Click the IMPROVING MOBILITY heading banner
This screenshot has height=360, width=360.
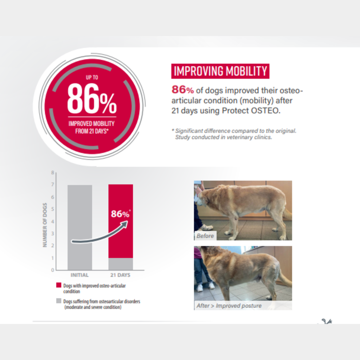(x=220, y=71)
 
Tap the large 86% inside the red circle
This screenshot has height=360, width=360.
(x=92, y=98)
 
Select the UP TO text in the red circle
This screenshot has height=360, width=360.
(x=92, y=77)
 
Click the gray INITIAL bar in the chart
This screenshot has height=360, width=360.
(x=80, y=227)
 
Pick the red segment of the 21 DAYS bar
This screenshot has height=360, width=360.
(x=121, y=221)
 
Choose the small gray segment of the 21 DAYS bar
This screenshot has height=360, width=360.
(x=121, y=264)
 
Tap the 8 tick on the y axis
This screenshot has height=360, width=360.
(x=53, y=172)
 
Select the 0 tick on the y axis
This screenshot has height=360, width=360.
(x=53, y=270)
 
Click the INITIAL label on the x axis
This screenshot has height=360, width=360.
(x=79, y=275)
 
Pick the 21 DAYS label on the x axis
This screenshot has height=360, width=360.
(x=120, y=275)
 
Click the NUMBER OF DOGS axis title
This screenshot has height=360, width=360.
(x=45, y=225)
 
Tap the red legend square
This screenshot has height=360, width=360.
(x=59, y=285)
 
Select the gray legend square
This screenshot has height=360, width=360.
(x=59, y=301)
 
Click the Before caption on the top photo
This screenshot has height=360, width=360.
(x=205, y=236)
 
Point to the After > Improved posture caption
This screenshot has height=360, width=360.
(x=229, y=306)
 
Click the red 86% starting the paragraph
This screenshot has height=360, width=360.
(x=183, y=90)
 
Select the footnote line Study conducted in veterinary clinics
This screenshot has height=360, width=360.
(x=223, y=137)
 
